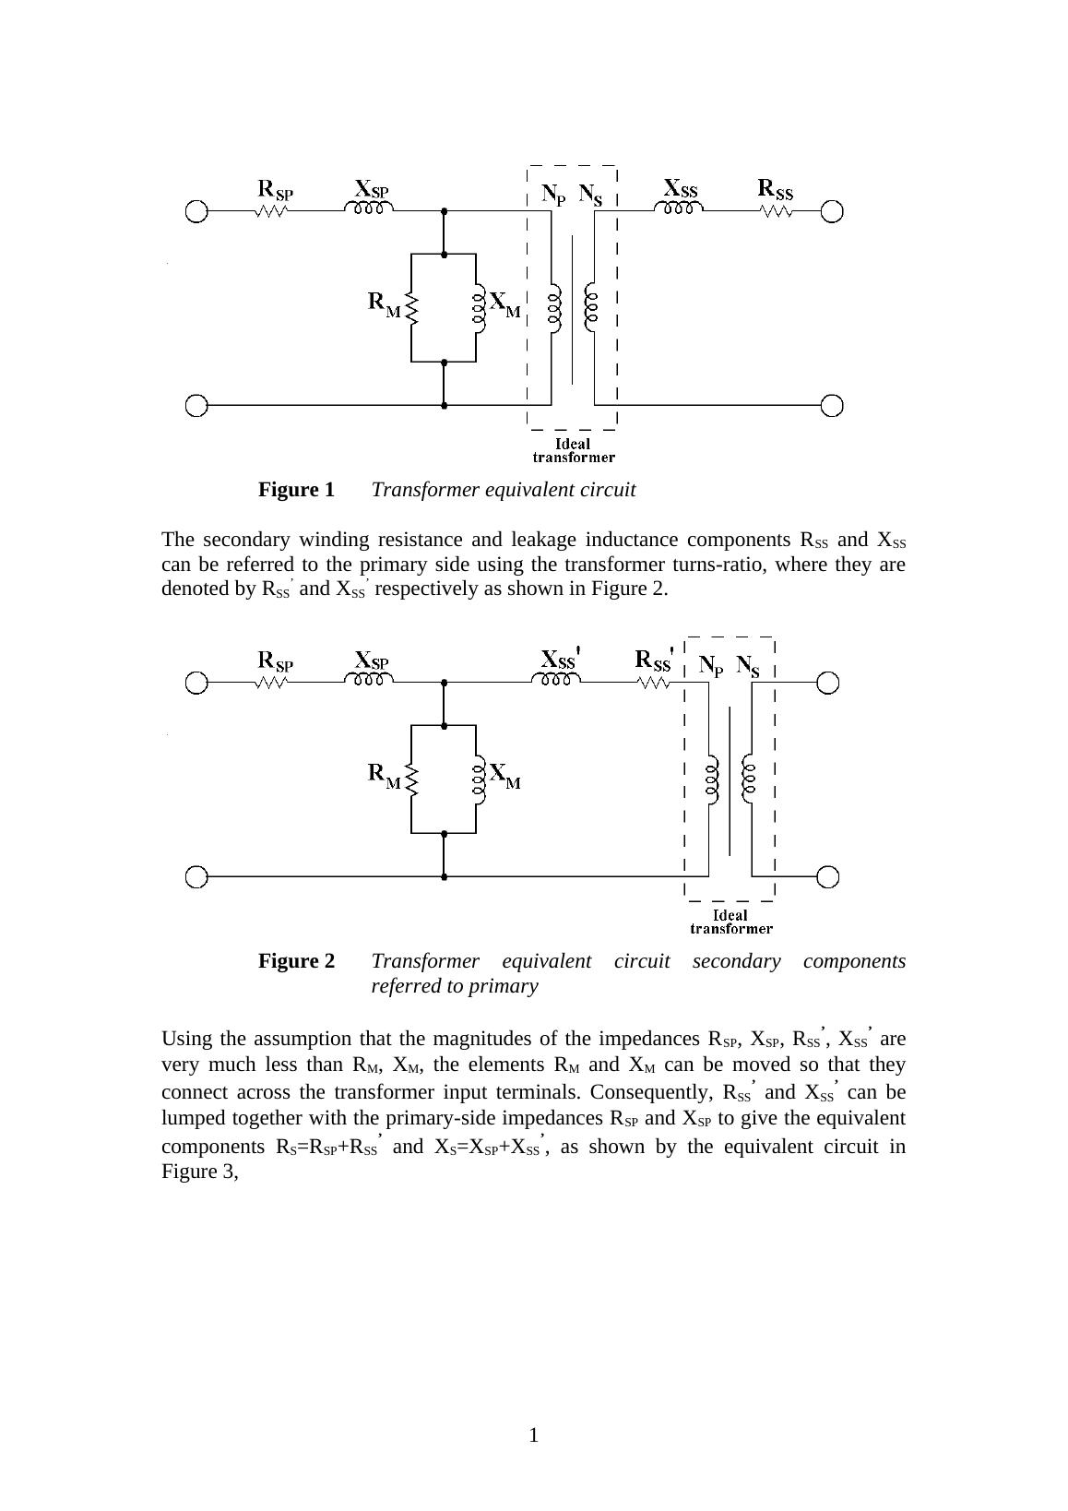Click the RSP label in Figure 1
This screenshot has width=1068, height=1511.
click(275, 190)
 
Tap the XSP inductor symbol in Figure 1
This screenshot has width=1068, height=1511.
click(369, 208)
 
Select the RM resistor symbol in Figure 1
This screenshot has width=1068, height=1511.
click(412, 308)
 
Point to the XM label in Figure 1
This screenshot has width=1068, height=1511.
click(504, 303)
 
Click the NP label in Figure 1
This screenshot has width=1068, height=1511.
click(553, 195)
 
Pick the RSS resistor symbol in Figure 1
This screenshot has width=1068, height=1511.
click(777, 211)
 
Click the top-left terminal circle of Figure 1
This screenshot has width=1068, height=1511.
click(196, 211)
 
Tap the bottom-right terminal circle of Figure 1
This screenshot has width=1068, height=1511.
click(832, 405)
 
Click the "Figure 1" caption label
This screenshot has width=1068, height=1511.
click(296, 490)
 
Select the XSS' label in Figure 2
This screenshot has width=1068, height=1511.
click(559, 660)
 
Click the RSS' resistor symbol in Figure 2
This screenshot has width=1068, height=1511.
click(653, 683)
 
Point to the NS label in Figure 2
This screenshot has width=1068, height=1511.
click(748, 666)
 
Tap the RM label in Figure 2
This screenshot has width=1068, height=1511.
click(385, 774)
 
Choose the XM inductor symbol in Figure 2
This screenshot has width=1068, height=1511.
click(478, 779)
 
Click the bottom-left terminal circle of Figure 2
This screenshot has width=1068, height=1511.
click(196, 876)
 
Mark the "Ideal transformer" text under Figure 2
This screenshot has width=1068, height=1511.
click(730, 922)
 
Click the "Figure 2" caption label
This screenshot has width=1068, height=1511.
click(296, 961)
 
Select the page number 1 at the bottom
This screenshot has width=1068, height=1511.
click(533, 1434)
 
